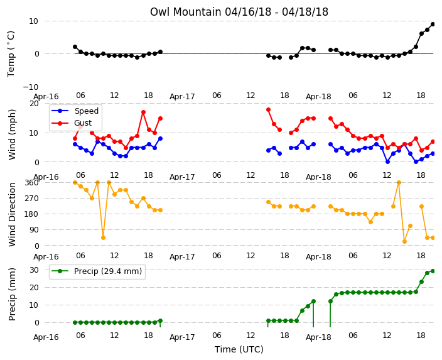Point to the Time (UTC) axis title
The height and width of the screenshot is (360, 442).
pos(239,349)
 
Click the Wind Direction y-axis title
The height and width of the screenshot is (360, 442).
pos(12,215)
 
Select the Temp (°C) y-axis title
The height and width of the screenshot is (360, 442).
pos(11,54)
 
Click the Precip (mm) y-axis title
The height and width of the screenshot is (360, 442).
pos(12,294)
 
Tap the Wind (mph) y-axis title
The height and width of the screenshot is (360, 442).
pos(12,134)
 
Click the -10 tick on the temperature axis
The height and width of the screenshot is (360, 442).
pos(30,87)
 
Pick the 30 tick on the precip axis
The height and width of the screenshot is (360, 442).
pos(34,270)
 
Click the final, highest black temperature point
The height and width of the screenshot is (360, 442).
pos(433,25)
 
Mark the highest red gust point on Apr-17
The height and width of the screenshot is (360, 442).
pos(268,110)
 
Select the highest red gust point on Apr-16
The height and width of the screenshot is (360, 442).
pos(144,112)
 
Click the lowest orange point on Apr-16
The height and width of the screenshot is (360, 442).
pos(103,238)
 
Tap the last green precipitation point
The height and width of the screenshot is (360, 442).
pos(433,271)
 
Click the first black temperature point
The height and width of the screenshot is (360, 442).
pos(75,47)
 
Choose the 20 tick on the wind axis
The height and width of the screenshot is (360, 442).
pos(34,104)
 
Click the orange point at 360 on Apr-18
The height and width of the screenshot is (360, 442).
pos(399,183)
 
